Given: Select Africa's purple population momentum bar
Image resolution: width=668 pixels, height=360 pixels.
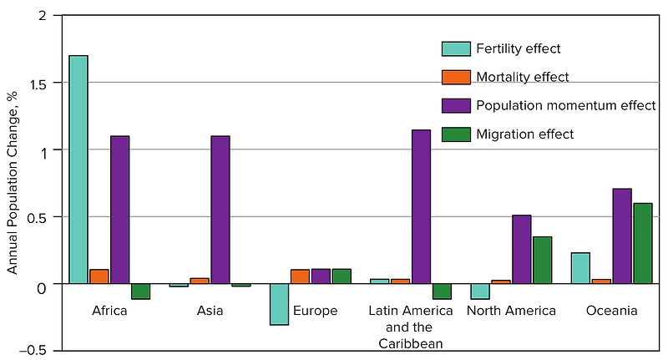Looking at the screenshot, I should tap(120, 210).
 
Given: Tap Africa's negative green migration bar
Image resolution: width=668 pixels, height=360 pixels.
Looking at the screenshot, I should tap(140, 292).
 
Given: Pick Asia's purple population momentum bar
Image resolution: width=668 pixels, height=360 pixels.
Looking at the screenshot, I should tap(220, 210).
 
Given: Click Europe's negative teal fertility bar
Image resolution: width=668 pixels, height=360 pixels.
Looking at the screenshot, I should tap(279, 304).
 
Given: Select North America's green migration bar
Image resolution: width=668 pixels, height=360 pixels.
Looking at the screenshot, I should tap(542, 260).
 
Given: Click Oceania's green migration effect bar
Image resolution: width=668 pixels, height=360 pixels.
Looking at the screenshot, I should tap(642, 243).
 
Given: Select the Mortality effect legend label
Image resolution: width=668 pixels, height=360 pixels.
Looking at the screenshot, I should tap(522, 77).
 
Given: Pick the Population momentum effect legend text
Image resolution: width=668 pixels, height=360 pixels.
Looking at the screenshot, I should tap(564, 105).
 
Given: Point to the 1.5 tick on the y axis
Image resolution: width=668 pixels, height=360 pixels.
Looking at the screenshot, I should tap(43, 84).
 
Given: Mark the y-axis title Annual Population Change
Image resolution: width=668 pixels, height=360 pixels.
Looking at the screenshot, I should tap(13, 183).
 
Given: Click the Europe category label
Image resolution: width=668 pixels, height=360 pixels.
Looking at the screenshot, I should tap(315, 312).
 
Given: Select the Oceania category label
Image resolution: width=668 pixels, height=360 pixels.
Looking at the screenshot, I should tap(611, 312).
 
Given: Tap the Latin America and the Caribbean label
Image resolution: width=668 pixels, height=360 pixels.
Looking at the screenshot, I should tap(411, 327).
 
